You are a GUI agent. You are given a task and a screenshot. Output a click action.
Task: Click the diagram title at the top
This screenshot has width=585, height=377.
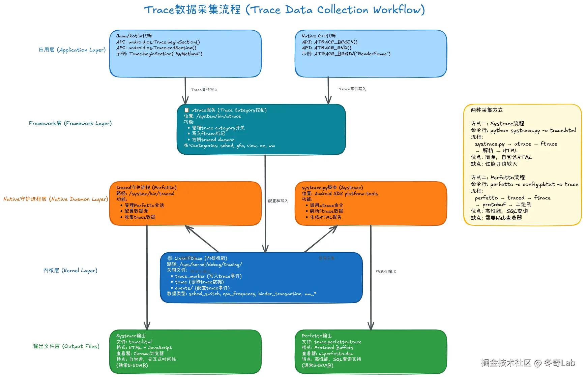[x=284, y=10]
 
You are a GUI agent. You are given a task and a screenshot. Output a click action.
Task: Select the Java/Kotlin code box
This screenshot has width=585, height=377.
[x=185, y=54]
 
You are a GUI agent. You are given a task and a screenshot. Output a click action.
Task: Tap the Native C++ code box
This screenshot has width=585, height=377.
[x=371, y=54]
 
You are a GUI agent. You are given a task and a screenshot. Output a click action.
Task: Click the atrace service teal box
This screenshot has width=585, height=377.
[x=261, y=129]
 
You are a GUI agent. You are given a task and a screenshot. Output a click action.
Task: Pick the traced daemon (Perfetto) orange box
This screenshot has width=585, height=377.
[x=185, y=203]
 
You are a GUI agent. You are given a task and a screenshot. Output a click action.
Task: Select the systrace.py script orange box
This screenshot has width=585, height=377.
[x=371, y=203]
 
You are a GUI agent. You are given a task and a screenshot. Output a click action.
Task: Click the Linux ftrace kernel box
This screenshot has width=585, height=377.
[x=261, y=277]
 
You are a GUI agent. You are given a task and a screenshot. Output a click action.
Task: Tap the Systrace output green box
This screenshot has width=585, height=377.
[x=185, y=351]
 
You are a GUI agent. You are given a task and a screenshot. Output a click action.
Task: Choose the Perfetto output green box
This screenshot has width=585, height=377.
[x=371, y=351]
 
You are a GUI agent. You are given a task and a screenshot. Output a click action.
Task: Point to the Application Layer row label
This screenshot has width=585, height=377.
[x=72, y=50]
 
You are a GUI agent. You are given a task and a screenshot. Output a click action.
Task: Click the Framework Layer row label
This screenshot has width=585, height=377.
[x=70, y=123]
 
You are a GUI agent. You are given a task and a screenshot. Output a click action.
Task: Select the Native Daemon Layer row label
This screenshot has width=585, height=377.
[x=56, y=199]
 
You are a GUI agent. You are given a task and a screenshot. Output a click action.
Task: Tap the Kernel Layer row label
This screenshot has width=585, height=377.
[x=70, y=271]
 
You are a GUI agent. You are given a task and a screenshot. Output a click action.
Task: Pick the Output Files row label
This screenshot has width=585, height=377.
[x=66, y=346]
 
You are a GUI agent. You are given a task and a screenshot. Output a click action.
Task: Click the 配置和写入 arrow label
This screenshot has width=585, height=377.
[x=278, y=201]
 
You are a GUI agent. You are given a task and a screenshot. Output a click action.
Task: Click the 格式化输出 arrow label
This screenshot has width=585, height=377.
[x=386, y=272]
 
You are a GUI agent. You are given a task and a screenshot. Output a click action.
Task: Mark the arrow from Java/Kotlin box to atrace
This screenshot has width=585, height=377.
[x=185, y=90]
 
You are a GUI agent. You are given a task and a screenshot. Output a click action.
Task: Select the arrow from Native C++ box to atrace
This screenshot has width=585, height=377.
[x=328, y=90]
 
